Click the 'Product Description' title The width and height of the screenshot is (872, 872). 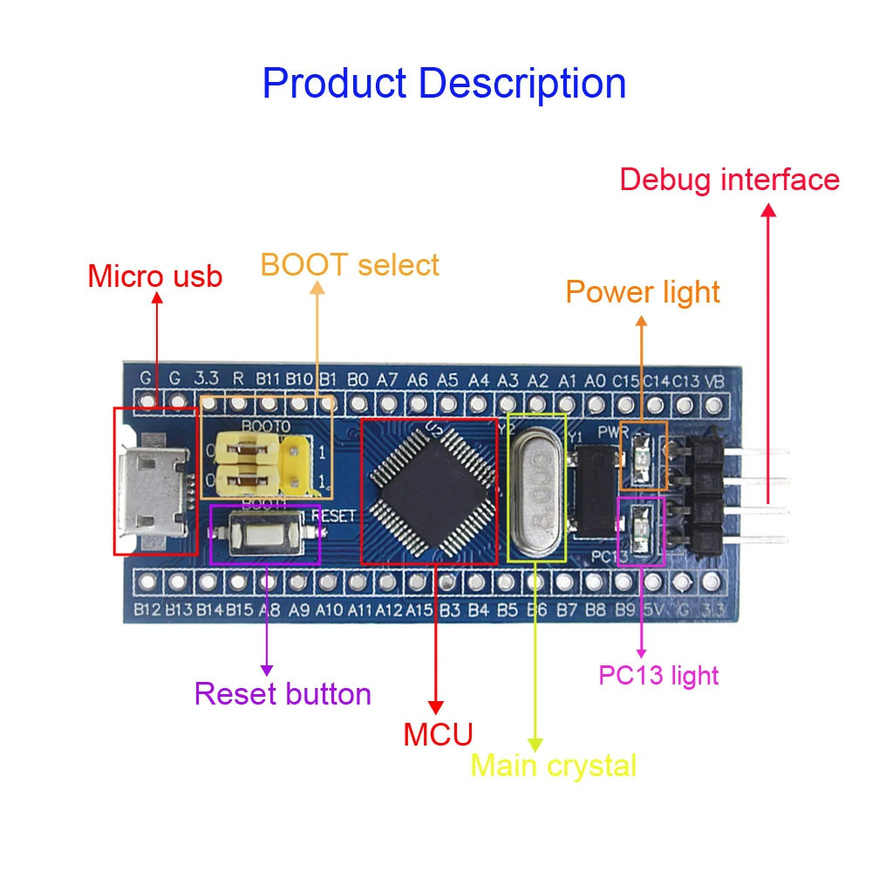[x=444, y=84]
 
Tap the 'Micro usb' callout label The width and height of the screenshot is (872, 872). [x=155, y=276]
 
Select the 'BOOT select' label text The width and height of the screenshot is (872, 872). [x=350, y=264]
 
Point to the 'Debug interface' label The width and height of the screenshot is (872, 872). [x=729, y=180]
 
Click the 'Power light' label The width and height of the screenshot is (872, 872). [x=643, y=292]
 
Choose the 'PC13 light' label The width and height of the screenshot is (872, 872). [x=658, y=674]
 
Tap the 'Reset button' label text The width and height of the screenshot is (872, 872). [x=283, y=694]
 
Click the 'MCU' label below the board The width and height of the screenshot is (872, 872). [x=437, y=734]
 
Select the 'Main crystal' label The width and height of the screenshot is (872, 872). [x=554, y=766]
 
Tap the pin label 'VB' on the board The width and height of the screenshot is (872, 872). [x=714, y=381]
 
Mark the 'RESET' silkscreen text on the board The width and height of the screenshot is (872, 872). [x=333, y=515]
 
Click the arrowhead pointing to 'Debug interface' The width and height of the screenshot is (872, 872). [x=768, y=211]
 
